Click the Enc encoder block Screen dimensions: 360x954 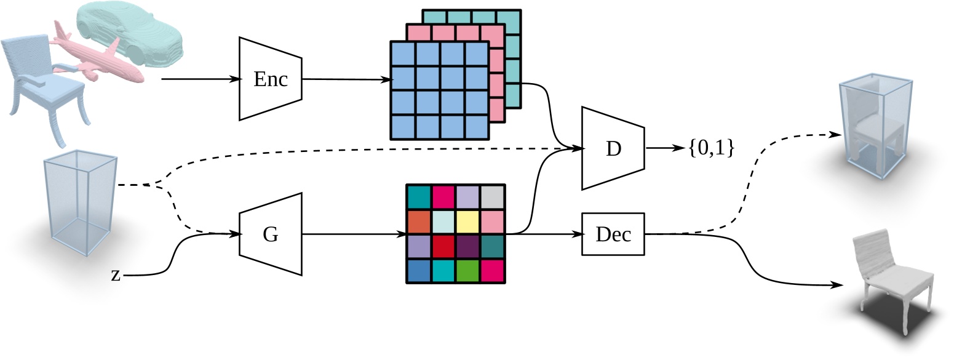(x=271, y=79)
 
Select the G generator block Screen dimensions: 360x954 (x=271, y=234)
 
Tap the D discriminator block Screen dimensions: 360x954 (x=613, y=148)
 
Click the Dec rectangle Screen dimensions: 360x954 (x=613, y=234)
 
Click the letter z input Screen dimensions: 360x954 (x=116, y=274)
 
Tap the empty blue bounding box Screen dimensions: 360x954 (x=79, y=200)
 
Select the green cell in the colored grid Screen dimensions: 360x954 (x=468, y=271)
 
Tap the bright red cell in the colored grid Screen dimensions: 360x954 (x=443, y=246)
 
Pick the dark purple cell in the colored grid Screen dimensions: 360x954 (x=468, y=246)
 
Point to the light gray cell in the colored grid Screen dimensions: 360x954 (x=492, y=197)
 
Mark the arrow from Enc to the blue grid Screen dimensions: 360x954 (x=348, y=79)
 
